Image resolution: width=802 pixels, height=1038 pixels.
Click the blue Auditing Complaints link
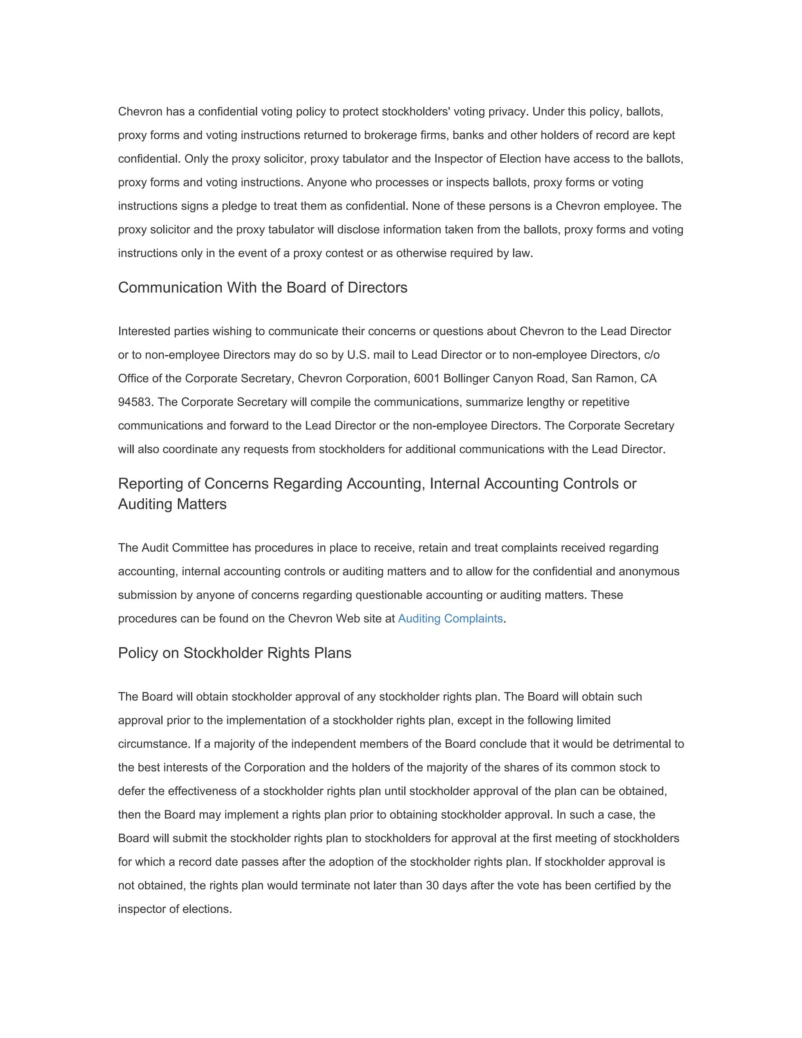point(450,618)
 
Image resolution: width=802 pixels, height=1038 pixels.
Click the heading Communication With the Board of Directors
point(262,288)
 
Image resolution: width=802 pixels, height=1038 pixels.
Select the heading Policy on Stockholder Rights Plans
point(234,653)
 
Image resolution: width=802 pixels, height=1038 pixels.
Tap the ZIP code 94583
point(136,402)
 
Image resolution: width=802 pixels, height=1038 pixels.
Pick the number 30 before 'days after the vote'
point(432,886)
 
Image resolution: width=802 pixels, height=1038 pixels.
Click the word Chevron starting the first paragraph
point(140,112)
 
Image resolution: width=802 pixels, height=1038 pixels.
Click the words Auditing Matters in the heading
point(172,504)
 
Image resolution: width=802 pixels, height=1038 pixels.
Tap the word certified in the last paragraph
point(614,886)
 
